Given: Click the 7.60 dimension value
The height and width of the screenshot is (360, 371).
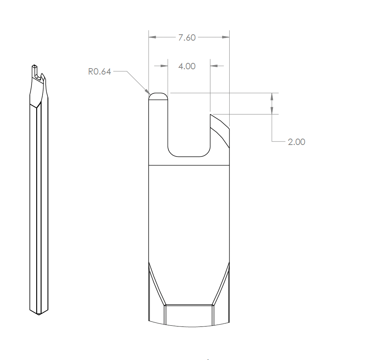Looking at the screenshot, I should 187,37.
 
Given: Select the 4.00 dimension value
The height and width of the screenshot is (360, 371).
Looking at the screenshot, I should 187,66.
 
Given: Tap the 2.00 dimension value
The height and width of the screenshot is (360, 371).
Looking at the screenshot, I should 296,142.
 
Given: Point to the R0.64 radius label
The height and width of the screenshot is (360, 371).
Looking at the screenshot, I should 100,72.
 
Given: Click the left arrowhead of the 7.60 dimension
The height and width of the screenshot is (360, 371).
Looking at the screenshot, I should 152,37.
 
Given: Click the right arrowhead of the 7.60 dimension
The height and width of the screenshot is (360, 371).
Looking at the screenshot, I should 226,37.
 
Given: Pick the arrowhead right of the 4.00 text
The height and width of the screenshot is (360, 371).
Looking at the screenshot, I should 214,66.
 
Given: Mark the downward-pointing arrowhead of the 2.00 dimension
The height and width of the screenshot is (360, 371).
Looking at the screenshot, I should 271,110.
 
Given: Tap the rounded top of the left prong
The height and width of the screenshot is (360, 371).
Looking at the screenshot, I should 158,95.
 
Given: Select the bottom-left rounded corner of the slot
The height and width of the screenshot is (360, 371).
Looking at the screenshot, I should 172,153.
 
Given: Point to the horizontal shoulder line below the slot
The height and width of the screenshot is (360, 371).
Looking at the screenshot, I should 189,165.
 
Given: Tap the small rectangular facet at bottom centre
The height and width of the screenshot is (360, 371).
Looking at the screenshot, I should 189,315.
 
